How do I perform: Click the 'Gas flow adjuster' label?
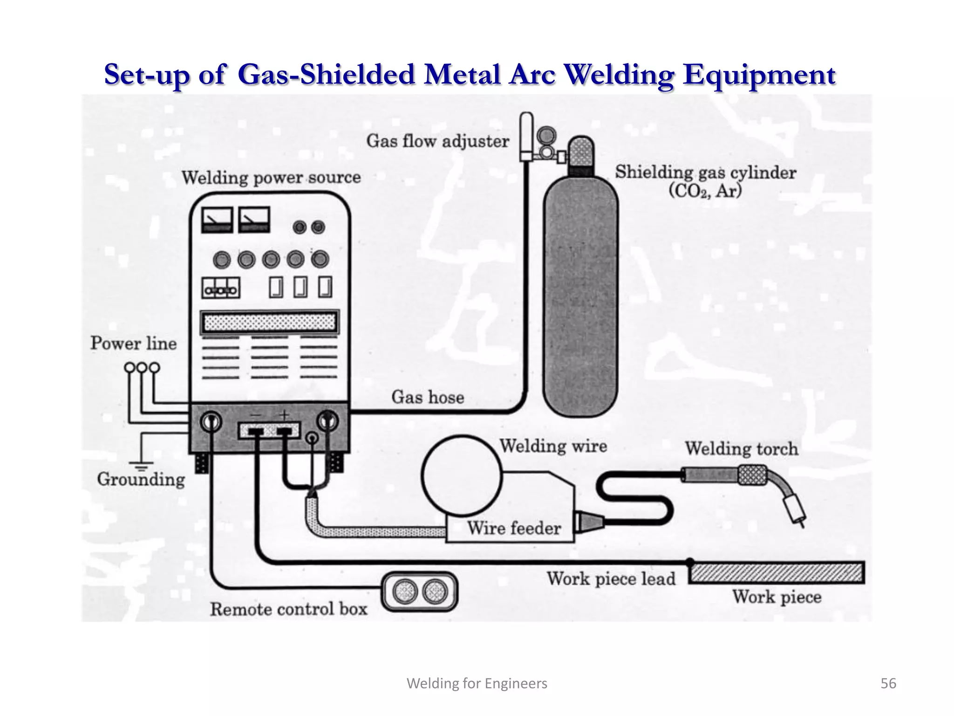point(437,141)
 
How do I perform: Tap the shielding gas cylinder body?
point(580,298)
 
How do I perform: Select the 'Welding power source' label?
point(271,178)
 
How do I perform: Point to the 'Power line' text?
point(134,344)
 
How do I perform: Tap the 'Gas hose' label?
point(428,397)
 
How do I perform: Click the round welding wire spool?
point(462,475)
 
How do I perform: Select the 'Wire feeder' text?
point(514,528)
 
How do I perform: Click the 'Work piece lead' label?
point(611,579)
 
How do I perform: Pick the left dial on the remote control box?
point(405,592)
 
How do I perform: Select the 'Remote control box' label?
point(288,609)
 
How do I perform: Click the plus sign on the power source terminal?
point(284,414)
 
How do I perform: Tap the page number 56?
point(888,683)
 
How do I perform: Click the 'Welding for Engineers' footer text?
point(477,683)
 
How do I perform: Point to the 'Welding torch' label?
point(741,449)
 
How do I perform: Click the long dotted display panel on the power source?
point(270,322)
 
